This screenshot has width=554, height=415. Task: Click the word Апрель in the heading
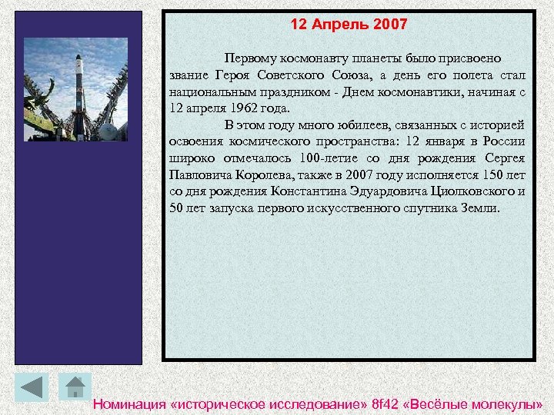click(342, 25)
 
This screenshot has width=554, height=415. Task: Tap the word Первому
click(252, 58)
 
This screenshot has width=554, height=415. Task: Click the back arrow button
click(31, 387)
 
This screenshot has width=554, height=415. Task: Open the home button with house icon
click(75, 387)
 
